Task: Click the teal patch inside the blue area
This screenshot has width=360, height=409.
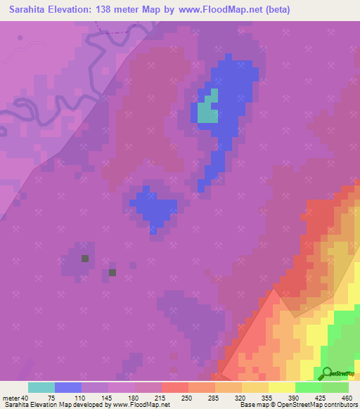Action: click(x=207, y=111)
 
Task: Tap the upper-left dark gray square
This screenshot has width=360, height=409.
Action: click(x=85, y=259)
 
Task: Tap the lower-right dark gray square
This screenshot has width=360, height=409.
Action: click(x=112, y=273)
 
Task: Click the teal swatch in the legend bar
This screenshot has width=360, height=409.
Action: click(x=41, y=387)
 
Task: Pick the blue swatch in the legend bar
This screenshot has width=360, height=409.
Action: click(x=68, y=387)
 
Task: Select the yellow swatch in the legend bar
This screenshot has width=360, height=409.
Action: click(x=282, y=387)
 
